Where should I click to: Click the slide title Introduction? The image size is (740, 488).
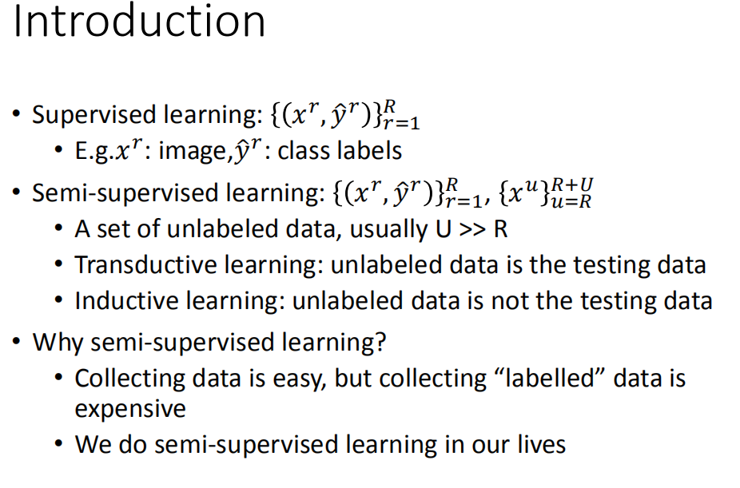[x=140, y=22]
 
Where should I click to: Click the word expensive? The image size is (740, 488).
[x=130, y=409]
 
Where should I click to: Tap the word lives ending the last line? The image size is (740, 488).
[x=538, y=444]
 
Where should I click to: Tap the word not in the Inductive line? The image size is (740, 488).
[x=504, y=301]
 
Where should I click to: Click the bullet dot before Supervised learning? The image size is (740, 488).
[x=17, y=115]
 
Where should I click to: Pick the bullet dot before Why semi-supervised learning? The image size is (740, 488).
[x=17, y=343]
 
